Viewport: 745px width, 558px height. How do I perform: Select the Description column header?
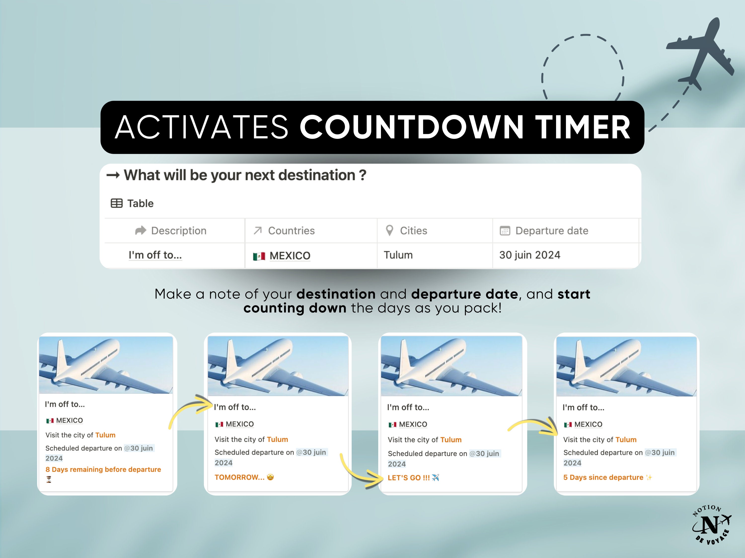(179, 231)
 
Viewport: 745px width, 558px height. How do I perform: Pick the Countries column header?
(291, 231)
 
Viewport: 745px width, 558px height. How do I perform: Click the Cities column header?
(413, 231)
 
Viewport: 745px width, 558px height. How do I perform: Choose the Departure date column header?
(552, 231)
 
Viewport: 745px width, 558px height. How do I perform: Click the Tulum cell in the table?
(398, 255)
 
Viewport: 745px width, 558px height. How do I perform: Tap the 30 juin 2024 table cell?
(529, 255)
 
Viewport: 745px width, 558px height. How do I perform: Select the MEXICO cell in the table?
(290, 256)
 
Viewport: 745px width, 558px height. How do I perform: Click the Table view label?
(140, 204)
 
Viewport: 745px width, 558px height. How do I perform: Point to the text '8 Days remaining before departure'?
(103, 469)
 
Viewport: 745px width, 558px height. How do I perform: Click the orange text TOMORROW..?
(239, 477)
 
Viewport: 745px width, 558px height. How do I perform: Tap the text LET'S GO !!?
(409, 478)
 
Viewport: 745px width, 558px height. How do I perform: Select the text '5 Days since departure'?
(603, 477)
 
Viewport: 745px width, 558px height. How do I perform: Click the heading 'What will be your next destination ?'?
(245, 175)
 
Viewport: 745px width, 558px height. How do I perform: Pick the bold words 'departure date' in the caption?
(464, 294)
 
